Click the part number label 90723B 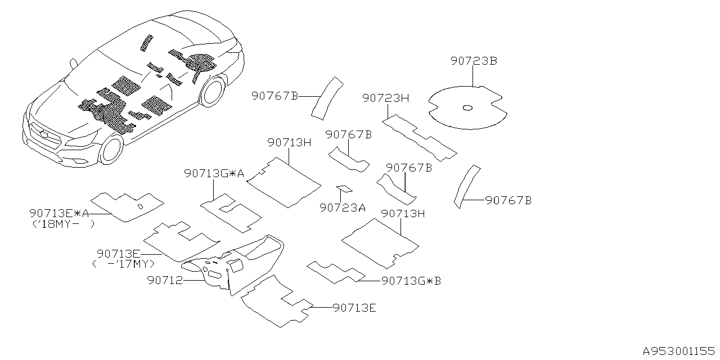pyautogui.click(x=474, y=61)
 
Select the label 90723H pyautogui.click(x=385, y=98)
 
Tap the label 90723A pyautogui.click(x=343, y=208)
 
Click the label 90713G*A pyautogui.click(x=214, y=174)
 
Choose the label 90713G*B pyautogui.click(x=411, y=280)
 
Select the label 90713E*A pyautogui.click(x=59, y=213)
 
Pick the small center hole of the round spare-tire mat pyautogui.click(x=467, y=108)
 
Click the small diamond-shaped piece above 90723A pyautogui.click(x=341, y=188)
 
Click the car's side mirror pyautogui.click(x=74, y=64)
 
